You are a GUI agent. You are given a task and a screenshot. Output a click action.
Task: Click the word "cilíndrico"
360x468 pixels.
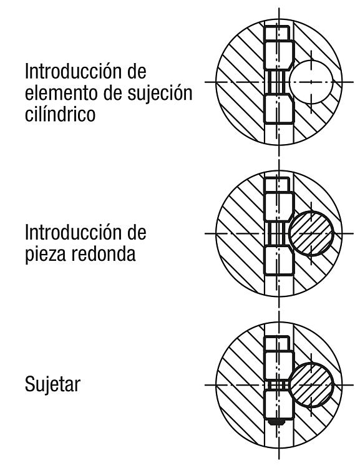pos(60,114)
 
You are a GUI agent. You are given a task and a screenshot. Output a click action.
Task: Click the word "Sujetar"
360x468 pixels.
pos(52,384)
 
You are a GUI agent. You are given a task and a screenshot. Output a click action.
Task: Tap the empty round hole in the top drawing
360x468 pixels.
pos(311,82)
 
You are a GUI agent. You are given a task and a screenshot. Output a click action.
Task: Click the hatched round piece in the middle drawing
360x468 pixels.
pos(311,233)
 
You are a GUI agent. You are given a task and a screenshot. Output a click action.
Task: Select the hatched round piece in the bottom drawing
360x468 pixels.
pos(311,385)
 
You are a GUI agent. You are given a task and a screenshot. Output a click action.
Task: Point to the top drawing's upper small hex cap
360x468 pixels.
pos(277,33)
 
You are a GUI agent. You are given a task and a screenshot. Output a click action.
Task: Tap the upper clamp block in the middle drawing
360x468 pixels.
pos(279,207)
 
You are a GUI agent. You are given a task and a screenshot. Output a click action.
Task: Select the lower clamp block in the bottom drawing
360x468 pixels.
pos(278,404)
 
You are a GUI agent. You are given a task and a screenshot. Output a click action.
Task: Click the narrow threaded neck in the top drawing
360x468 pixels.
pos(277,82)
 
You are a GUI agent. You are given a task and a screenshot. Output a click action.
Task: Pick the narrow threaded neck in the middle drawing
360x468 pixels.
pos(277,233)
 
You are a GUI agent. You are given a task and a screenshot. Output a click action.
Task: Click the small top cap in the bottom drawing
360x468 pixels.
pos(277,344)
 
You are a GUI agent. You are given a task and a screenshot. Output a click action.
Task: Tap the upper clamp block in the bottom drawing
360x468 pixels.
pos(279,366)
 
